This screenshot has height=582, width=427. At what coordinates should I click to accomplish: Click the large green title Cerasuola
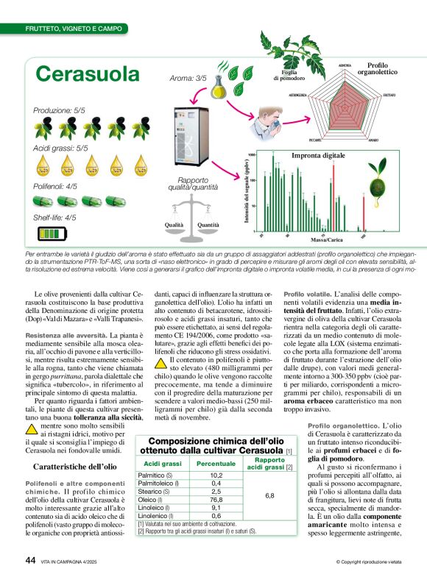[88, 73]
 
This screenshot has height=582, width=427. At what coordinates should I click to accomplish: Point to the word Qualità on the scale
[174, 225]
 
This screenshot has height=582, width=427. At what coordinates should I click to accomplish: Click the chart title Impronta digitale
[318, 156]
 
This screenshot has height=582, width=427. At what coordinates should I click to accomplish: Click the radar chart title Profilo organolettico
[382, 69]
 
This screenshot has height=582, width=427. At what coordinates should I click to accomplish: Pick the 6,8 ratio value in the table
[269, 475]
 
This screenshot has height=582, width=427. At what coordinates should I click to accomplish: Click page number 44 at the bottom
[31, 560]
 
